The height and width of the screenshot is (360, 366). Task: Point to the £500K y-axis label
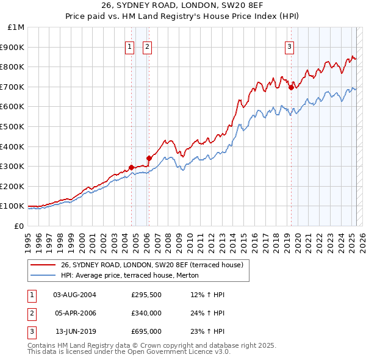[13, 126]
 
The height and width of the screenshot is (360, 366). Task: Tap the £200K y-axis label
[13, 186]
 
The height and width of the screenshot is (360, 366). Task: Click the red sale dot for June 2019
[291, 88]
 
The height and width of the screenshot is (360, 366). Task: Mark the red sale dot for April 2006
[149, 158]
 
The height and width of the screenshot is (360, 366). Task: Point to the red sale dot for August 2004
[131, 167]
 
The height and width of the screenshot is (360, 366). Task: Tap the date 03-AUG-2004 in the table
[75, 295]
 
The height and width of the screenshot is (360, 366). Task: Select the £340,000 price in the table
[146, 313]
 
